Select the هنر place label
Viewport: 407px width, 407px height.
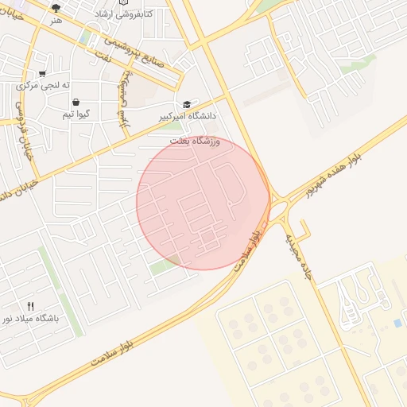[x=55, y=20]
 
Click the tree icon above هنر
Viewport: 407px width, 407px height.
[x=55, y=8]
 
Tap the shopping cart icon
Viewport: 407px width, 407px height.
[x=41, y=73]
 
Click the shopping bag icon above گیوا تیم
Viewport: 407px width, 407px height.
[x=76, y=102]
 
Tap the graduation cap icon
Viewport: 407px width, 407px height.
[x=188, y=104]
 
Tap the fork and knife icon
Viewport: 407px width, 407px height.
[x=30, y=306]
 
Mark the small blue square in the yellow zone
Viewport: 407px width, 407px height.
[x=397, y=323]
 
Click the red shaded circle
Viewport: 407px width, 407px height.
[x=203, y=202]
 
